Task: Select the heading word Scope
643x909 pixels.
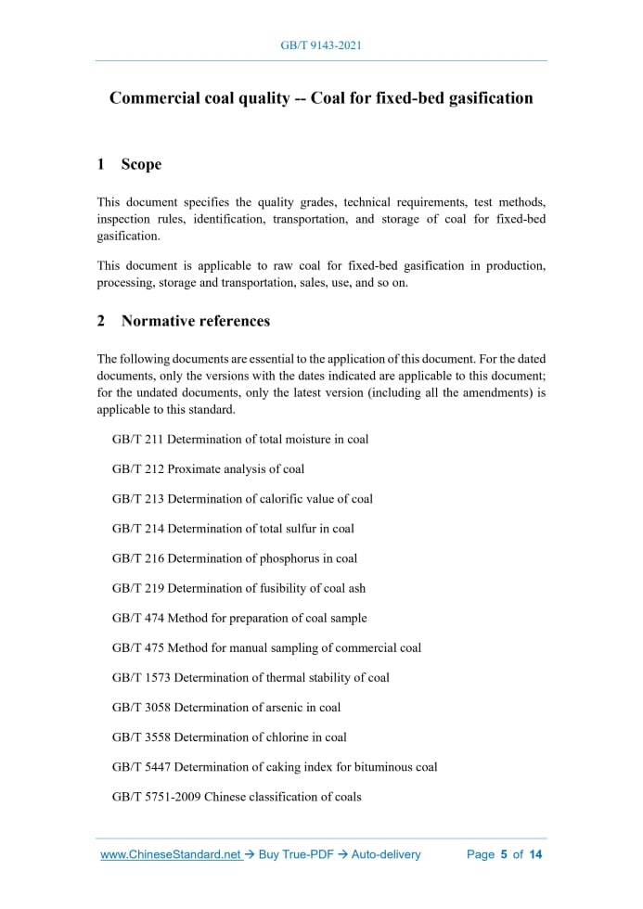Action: [141, 164]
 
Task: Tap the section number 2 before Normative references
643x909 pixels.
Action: [101, 321]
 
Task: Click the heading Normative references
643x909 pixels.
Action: [196, 321]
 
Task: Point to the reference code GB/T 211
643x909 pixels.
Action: [137, 439]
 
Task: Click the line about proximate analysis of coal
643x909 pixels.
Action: [208, 468]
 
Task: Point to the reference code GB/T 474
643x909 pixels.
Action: [137, 618]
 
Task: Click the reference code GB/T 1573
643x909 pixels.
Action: [141, 677]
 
